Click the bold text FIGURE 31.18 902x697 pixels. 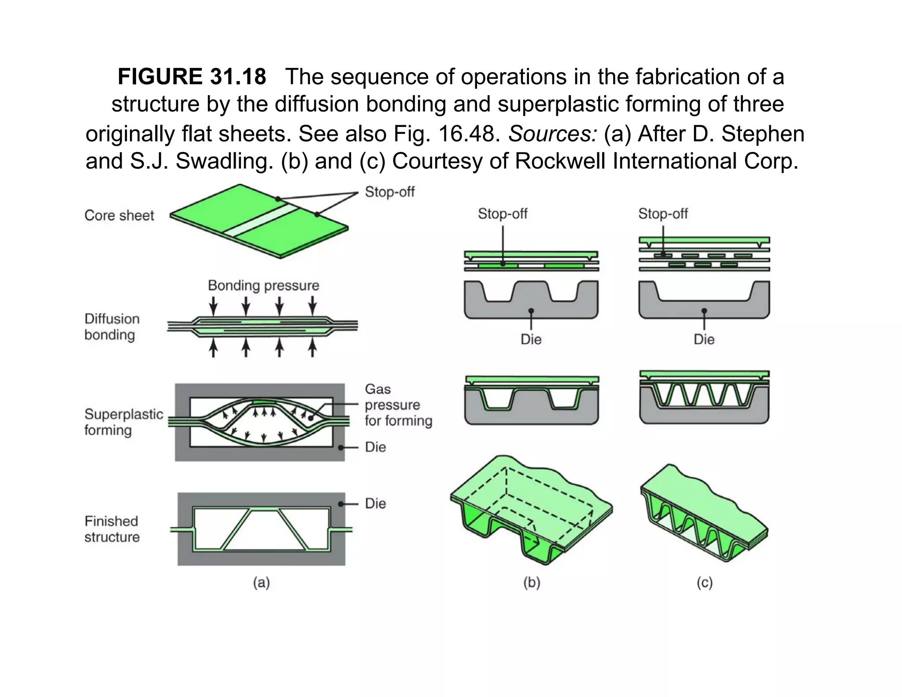(x=192, y=77)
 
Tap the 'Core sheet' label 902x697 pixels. (x=119, y=215)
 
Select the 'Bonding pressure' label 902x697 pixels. (x=263, y=285)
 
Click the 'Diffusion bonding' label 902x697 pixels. (x=111, y=326)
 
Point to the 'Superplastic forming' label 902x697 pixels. (x=123, y=422)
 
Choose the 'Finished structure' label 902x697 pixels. (x=112, y=529)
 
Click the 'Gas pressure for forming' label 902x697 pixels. (x=398, y=404)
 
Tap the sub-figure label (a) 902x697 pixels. (x=261, y=582)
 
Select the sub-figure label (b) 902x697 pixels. (x=532, y=582)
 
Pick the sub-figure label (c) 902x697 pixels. (x=704, y=582)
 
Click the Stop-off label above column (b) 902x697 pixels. (x=503, y=214)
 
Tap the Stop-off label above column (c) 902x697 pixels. (x=663, y=214)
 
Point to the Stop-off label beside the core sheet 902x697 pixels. (x=389, y=192)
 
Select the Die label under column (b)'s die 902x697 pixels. (x=531, y=339)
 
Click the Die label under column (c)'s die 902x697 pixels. (x=704, y=339)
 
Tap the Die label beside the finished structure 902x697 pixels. (x=375, y=503)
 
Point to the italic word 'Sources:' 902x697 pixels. (x=553, y=134)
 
